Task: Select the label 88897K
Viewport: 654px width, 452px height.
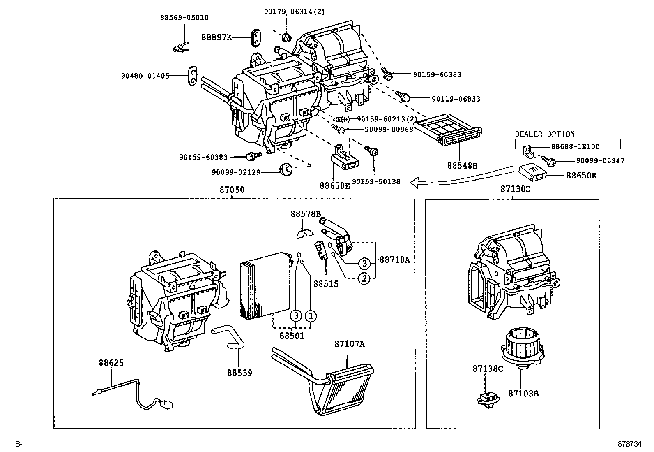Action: pyautogui.click(x=216, y=37)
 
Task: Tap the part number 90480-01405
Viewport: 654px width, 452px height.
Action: pyautogui.click(x=145, y=76)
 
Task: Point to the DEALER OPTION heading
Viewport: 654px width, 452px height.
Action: pyautogui.click(x=544, y=134)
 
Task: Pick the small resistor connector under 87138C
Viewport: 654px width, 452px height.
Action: pyautogui.click(x=486, y=399)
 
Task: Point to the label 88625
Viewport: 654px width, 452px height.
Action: pyautogui.click(x=111, y=363)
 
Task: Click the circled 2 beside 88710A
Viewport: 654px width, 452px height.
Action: pyautogui.click(x=364, y=278)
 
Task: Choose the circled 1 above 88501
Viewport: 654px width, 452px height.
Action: pyautogui.click(x=311, y=316)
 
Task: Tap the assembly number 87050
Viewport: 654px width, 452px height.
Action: pyautogui.click(x=232, y=190)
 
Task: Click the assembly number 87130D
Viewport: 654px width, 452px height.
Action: pyautogui.click(x=515, y=189)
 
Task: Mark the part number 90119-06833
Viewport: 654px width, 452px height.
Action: pyautogui.click(x=456, y=99)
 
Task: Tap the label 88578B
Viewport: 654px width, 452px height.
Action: pyautogui.click(x=305, y=214)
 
